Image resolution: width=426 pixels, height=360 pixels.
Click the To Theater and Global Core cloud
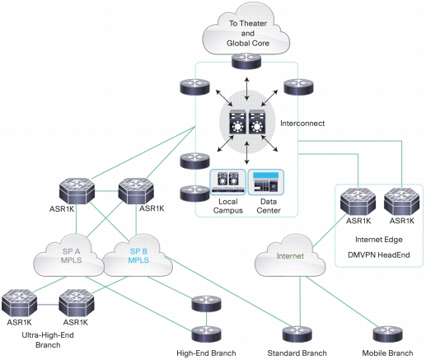pos(246,30)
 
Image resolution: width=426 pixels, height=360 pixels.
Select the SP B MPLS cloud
pos(138,256)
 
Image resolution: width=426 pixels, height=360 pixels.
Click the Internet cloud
pos(290,256)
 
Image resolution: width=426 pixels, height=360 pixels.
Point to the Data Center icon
pos(266,182)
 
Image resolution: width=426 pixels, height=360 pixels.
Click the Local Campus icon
pos(227,182)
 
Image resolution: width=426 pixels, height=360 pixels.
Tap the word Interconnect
pos(302,124)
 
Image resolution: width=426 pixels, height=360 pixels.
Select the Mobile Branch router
pos(387,334)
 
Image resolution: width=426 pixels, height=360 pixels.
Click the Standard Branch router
pos(297,334)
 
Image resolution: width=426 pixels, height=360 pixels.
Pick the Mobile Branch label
pos(387,353)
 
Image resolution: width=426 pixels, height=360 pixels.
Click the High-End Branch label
pos(206,353)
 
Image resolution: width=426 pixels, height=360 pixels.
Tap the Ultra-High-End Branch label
pos(48,340)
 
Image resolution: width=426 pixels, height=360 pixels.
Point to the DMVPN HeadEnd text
pos(379,255)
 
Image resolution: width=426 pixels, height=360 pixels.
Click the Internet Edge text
pos(379,240)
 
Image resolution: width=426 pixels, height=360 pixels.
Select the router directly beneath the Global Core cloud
pos(246,61)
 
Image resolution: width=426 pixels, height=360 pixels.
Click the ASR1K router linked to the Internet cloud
pos(358,202)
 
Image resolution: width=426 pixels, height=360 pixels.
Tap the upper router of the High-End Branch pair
pos(206,303)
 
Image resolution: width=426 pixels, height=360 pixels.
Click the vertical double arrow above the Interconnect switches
pos(247,89)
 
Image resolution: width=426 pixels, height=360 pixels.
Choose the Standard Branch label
pos(297,353)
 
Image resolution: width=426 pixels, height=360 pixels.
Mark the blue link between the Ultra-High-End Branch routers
pos(48,305)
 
